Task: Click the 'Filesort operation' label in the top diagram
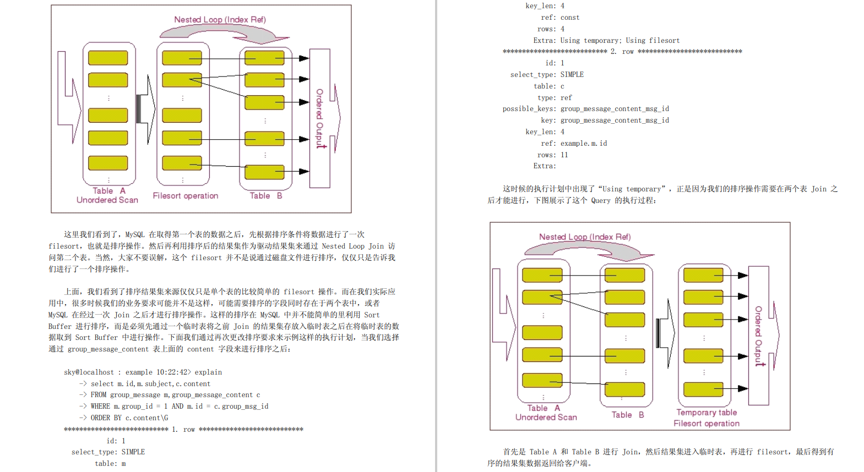[x=185, y=196]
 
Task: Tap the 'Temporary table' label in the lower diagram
[x=707, y=413]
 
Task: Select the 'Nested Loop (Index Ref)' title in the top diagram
[x=220, y=20]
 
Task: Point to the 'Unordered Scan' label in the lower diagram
[x=546, y=418]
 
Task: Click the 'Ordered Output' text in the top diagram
[x=319, y=118]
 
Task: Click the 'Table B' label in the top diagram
[x=265, y=196]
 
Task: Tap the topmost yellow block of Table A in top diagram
[x=108, y=58]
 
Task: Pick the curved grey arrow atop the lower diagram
[x=589, y=251]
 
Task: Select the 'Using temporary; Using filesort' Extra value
[x=620, y=41]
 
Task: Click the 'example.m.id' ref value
[x=584, y=144]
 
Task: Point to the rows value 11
[x=564, y=155]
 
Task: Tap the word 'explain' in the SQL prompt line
[x=208, y=372]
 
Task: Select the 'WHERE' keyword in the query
[x=100, y=407]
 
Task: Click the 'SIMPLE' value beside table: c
[x=572, y=75]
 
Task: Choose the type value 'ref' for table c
[x=566, y=98]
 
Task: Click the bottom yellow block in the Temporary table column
[x=703, y=389]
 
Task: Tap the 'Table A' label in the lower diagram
[x=543, y=408]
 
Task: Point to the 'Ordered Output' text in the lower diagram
[x=758, y=336]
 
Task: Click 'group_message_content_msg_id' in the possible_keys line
[x=615, y=109]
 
